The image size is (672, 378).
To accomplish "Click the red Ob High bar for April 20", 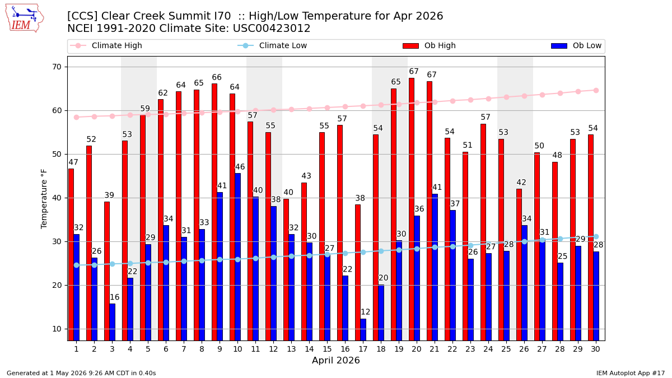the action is coord(412,209).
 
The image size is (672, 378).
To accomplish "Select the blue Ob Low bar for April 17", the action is coord(363,330).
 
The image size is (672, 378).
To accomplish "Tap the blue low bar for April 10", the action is coord(237,257).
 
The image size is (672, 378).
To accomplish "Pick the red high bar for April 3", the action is coord(107,271).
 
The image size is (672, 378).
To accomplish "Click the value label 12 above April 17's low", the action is coord(365,312).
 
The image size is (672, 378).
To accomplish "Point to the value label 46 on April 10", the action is coord(240,167).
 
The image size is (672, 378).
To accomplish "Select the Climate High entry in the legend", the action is coord(106,45).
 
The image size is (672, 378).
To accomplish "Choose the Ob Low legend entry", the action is coord(576,45).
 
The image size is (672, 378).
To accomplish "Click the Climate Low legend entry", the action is coord(272,45).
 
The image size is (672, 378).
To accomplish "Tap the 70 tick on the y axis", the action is coord(57,67).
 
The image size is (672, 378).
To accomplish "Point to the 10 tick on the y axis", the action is coord(57,329).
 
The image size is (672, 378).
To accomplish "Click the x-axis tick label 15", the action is coord(327,349).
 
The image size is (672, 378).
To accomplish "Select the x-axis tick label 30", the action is coord(595,349).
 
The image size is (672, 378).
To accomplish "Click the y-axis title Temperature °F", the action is coord(44,199).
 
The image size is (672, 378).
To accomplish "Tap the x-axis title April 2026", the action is coord(335,360).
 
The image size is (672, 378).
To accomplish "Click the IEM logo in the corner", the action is coord(24,18).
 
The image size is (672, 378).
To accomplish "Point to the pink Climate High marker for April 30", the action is coord(596,91).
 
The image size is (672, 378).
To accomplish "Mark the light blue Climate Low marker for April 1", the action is coord(77,265).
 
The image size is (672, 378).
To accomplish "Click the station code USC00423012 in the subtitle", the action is coord(272,29).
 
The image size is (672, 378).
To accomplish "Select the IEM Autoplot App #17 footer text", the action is coord(631,373).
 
